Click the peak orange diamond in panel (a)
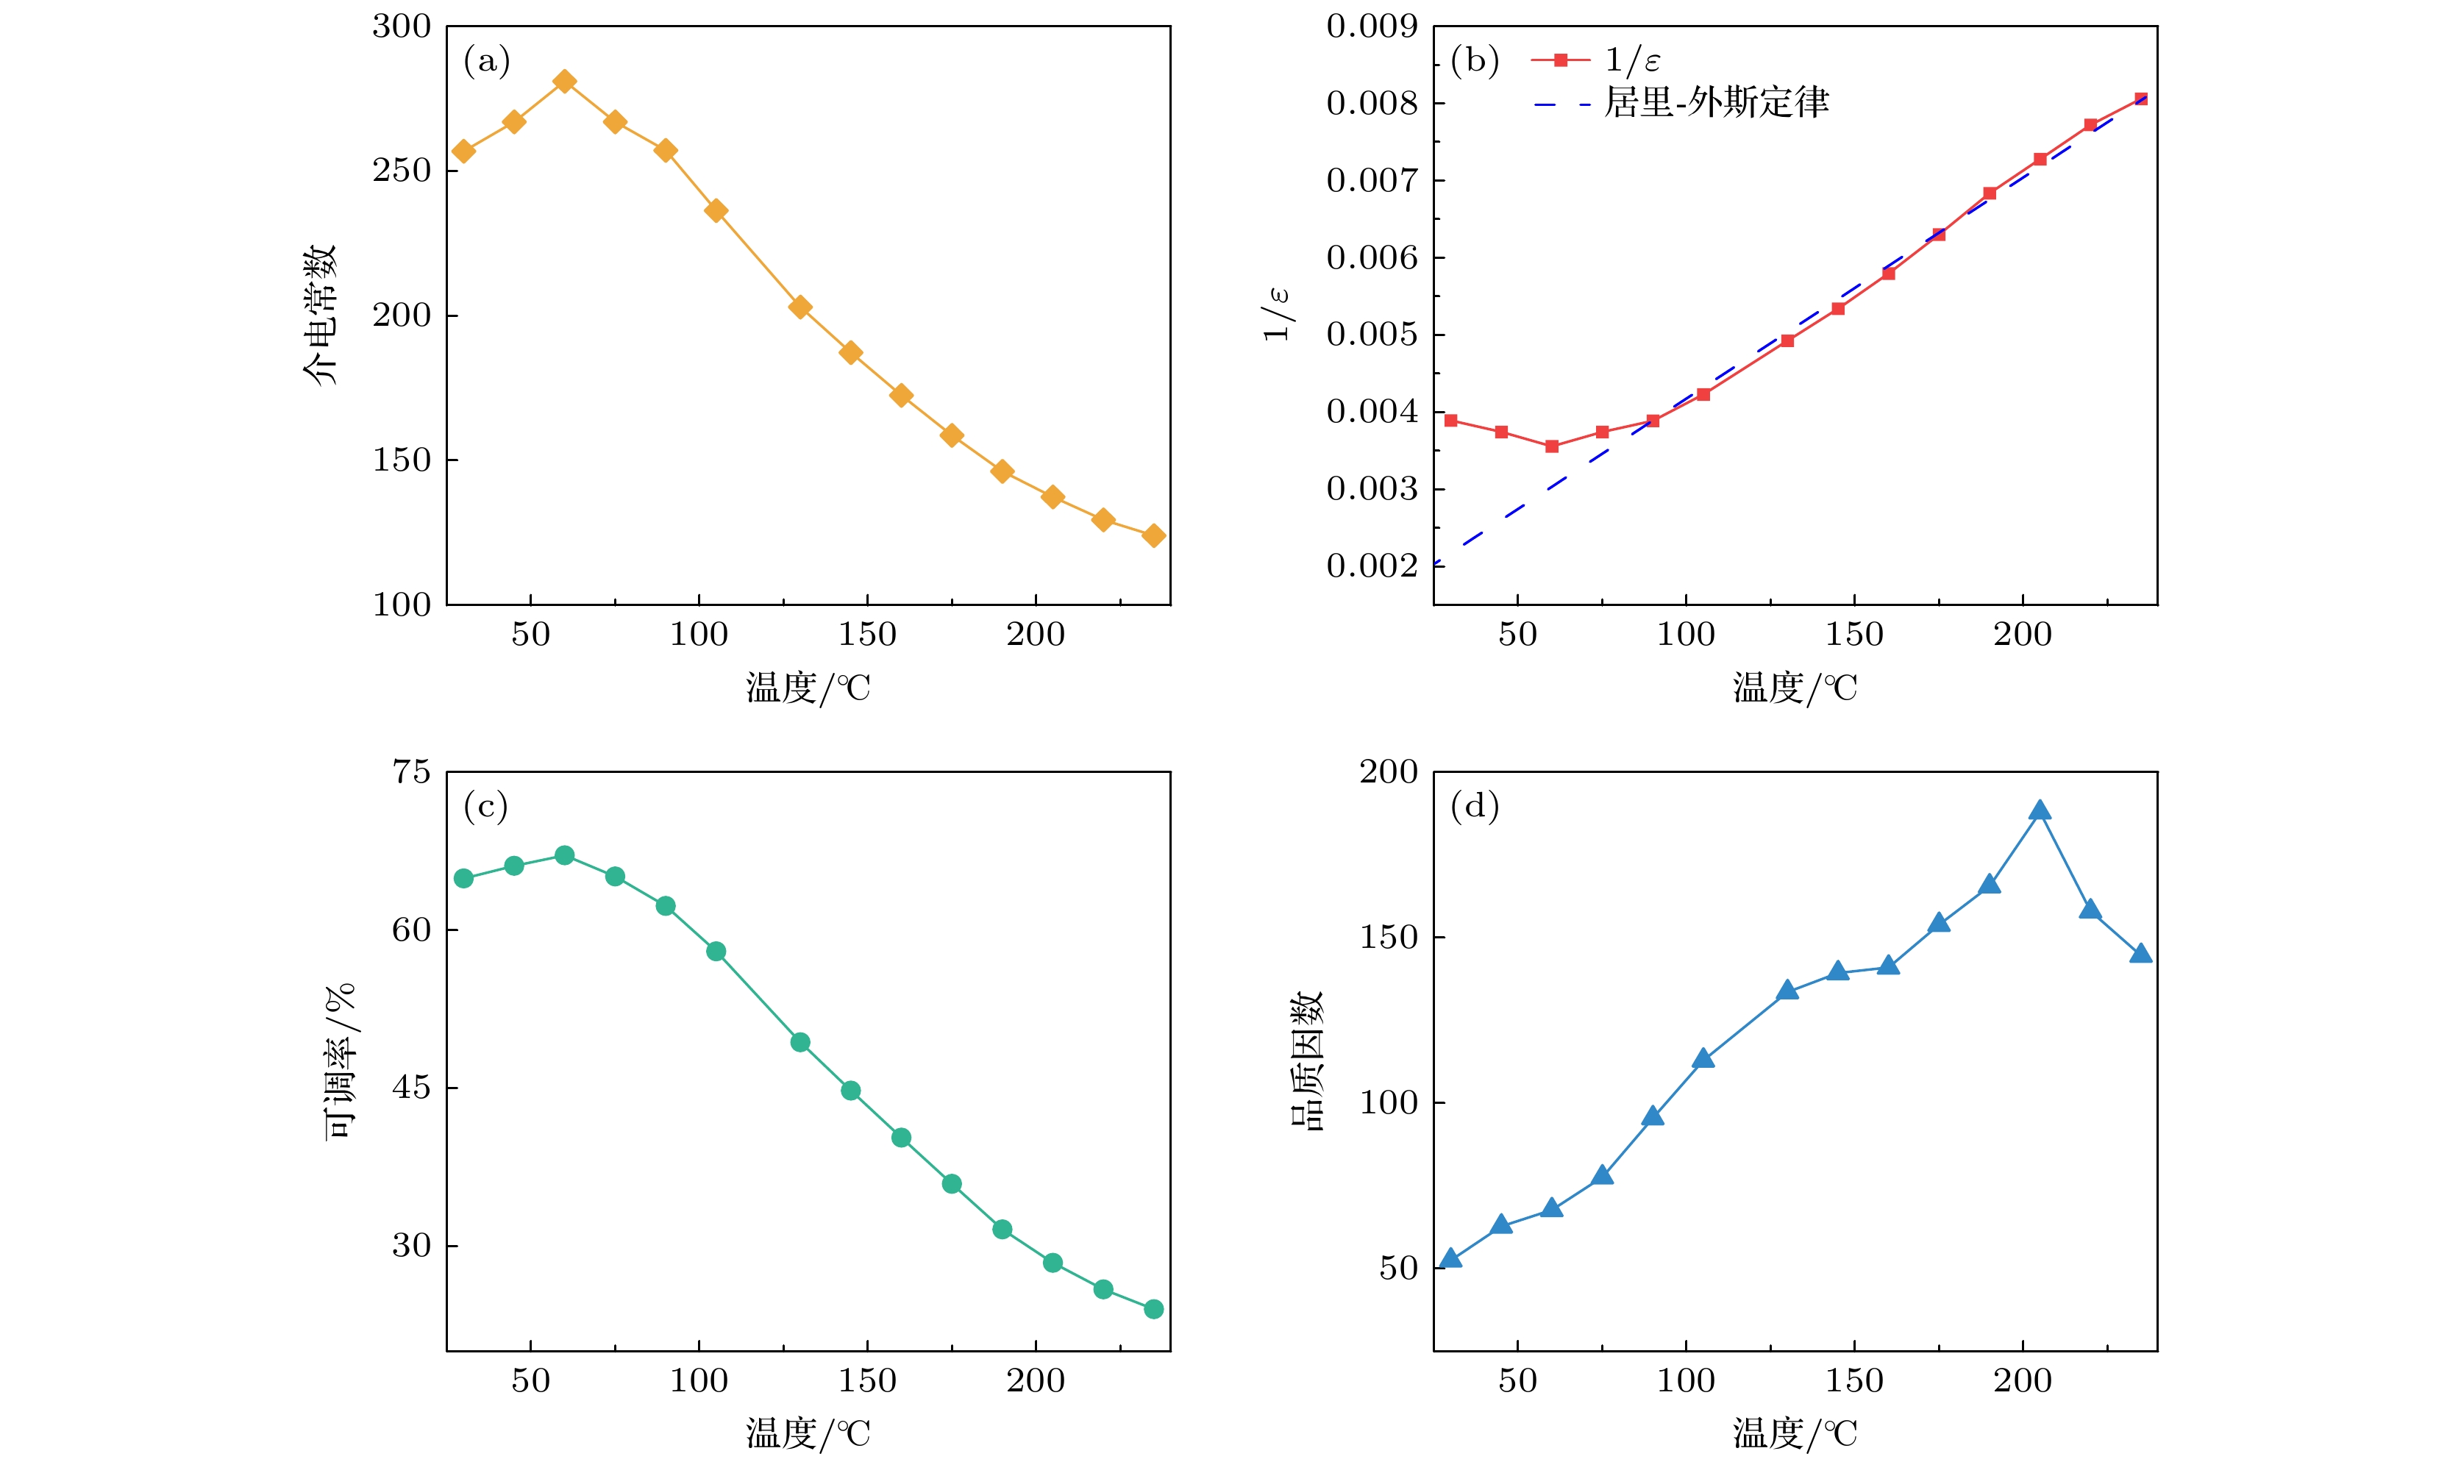click(x=565, y=81)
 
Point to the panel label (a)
click(x=487, y=61)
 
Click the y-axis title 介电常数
click(x=320, y=315)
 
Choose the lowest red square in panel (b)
click(x=1552, y=446)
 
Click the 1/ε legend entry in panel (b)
click(x=1631, y=60)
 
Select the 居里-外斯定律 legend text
click(x=1716, y=102)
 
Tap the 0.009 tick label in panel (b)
click(x=1372, y=26)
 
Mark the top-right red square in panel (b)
click(x=2141, y=99)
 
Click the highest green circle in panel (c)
click(x=565, y=855)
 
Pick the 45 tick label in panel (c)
click(x=411, y=1088)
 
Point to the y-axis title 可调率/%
click(x=340, y=1061)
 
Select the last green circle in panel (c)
click(x=1154, y=1309)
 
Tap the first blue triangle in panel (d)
click(x=1450, y=1259)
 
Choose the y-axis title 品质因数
click(x=1307, y=1061)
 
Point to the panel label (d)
click(x=1474, y=807)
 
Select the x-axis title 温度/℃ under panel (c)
click(x=808, y=1433)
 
